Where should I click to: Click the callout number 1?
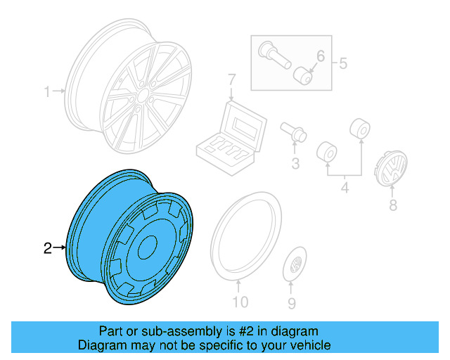pyautogui.click(x=48, y=91)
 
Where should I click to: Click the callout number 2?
pyautogui.click(x=48, y=247)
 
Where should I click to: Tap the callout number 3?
pyautogui.click(x=295, y=164)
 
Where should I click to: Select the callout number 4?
pyautogui.click(x=345, y=188)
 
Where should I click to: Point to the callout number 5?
pyautogui.click(x=343, y=64)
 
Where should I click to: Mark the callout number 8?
pyautogui.click(x=392, y=205)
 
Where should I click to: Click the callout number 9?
pyautogui.click(x=291, y=303)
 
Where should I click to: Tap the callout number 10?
pyautogui.click(x=240, y=303)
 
